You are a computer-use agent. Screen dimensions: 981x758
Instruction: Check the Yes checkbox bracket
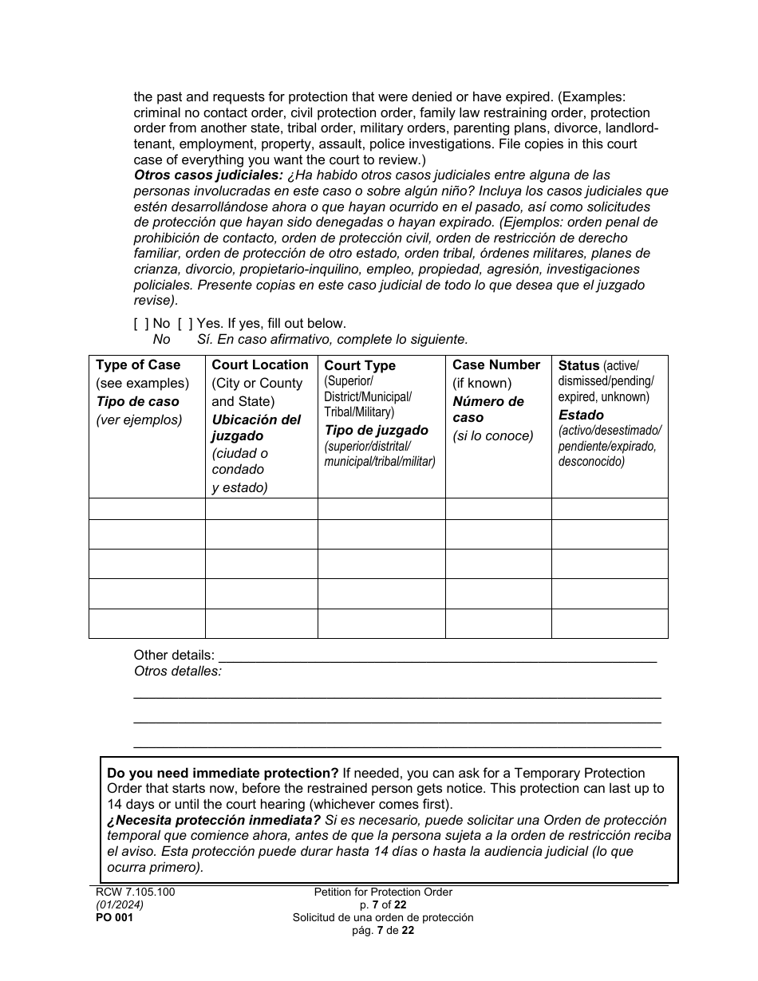coord(185,323)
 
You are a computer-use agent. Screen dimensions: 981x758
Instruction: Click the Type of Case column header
coord(138,364)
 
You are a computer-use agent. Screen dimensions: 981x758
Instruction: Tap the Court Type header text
coord(360,365)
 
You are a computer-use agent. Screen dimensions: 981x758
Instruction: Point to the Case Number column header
coord(495,364)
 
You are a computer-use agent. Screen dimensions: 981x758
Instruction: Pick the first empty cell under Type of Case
coord(147,509)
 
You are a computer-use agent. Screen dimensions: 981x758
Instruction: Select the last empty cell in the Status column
coord(609,623)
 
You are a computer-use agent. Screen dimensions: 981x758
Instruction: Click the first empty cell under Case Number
coord(498,509)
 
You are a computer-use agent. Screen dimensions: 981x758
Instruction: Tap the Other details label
coord(174,656)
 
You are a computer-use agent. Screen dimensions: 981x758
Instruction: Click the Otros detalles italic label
coord(177,671)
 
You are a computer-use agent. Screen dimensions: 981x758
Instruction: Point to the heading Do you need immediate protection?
coord(223,773)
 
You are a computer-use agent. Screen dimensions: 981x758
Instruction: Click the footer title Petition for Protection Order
coord(383,892)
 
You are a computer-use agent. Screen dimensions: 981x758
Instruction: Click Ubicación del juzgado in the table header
coord(255,427)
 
